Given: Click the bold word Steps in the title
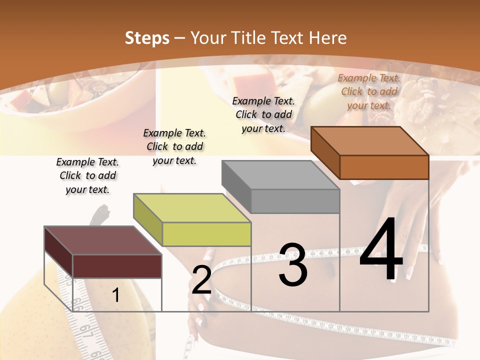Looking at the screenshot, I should click(x=147, y=38).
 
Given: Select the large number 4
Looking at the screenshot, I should click(x=381, y=250).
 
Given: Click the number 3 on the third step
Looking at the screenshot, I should click(x=292, y=265).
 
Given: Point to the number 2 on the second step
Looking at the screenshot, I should click(x=201, y=280).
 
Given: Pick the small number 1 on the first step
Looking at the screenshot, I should click(x=115, y=295).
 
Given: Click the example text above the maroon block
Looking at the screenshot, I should click(x=87, y=176).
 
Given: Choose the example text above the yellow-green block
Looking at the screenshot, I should click(x=174, y=147).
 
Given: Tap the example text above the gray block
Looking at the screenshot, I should click(x=263, y=114).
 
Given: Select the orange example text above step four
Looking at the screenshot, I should click(x=369, y=91).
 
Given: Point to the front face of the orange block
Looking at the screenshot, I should click(x=384, y=167).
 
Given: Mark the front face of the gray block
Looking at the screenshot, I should click(x=295, y=201).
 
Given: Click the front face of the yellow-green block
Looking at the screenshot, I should click(x=206, y=234).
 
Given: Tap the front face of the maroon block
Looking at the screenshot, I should click(x=117, y=266).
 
